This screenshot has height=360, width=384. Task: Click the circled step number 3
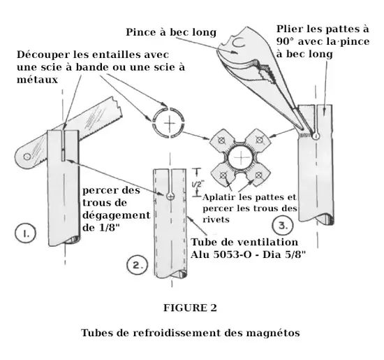(x=281, y=225)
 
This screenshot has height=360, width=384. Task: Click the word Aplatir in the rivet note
(x=221, y=198)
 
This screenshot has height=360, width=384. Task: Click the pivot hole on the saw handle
(x=27, y=157)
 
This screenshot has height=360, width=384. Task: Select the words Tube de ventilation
(x=242, y=241)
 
